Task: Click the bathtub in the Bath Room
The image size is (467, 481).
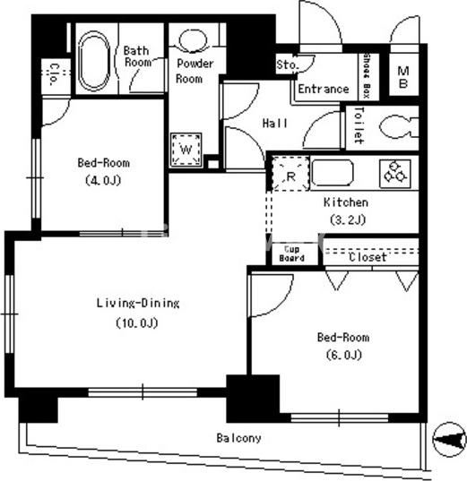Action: point(94,61)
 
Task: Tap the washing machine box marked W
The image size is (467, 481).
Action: point(186,150)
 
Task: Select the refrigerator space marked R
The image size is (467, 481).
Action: point(290,174)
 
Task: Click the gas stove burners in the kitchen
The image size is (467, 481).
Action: point(395,174)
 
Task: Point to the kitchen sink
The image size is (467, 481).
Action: point(333,173)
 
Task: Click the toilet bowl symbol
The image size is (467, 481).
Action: point(399,126)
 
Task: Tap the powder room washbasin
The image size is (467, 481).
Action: point(194,40)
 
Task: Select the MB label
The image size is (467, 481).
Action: point(402,77)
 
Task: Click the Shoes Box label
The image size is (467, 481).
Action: point(367,75)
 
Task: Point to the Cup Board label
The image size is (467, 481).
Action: point(291,253)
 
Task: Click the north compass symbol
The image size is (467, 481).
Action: point(449,440)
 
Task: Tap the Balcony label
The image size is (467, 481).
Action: point(238,438)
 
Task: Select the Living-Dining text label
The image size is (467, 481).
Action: point(138,303)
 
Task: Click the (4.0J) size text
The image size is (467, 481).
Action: point(103,180)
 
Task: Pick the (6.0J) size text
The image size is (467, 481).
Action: point(344,355)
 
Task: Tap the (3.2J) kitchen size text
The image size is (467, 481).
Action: point(348,219)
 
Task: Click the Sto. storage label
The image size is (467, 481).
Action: point(288,64)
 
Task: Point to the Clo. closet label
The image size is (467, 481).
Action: point(54,74)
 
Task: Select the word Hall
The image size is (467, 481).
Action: point(275,124)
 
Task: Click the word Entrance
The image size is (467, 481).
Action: point(324,89)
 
